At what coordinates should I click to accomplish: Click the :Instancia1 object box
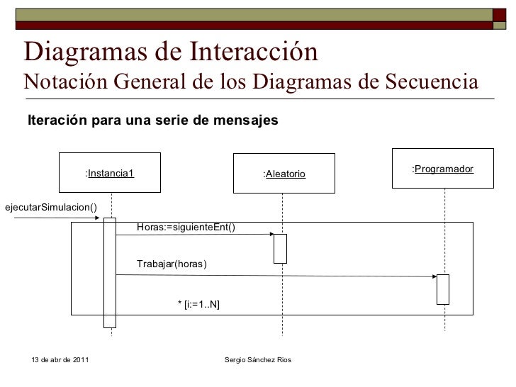click(x=110, y=173)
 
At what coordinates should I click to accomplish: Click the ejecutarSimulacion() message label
click(x=51, y=207)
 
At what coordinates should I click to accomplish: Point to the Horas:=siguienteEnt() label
click(x=186, y=227)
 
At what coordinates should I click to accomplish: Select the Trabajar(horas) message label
click(x=172, y=264)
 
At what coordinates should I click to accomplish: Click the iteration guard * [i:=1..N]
click(x=198, y=304)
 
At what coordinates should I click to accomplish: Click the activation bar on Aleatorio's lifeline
click(x=280, y=248)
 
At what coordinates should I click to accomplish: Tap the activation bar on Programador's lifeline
click(x=443, y=288)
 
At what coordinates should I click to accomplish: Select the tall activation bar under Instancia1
click(x=110, y=273)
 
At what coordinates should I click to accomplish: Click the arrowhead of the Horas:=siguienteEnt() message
click(x=271, y=237)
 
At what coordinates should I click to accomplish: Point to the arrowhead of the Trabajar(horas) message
click(x=434, y=276)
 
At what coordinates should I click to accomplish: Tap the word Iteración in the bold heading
click(x=59, y=120)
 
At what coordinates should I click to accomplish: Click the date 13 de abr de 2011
click(x=61, y=361)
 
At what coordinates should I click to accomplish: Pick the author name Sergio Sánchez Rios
click(x=262, y=361)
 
